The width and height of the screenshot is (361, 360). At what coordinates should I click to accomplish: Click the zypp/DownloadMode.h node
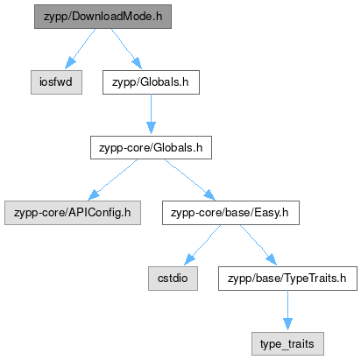pos(103,17)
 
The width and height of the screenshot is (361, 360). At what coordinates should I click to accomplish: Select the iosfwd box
pos(56,82)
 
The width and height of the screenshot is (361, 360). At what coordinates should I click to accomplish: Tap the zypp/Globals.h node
pos(151,82)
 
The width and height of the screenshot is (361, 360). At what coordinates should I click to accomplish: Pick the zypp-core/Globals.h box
pos(151,147)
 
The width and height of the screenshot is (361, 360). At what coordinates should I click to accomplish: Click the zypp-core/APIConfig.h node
pos(73,213)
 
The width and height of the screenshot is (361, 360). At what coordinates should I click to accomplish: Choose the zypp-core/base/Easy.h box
pos(230,213)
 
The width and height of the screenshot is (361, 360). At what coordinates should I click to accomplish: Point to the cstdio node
pos(173,279)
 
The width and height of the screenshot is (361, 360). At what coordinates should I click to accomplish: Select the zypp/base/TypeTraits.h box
pos(287,279)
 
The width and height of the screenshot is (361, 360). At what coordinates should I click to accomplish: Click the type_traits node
pos(287,343)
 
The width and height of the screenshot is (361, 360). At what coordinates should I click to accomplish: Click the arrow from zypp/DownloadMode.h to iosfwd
pos(80,49)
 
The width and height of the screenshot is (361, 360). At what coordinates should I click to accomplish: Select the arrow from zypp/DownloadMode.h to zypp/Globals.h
pos(126,49)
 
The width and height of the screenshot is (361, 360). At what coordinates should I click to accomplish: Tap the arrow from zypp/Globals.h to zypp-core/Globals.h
pos(151,114)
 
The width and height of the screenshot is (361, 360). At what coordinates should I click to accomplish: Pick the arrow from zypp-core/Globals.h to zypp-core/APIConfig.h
pos(112,180)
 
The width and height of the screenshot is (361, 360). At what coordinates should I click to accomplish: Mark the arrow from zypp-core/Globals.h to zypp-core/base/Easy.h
pos(190,180)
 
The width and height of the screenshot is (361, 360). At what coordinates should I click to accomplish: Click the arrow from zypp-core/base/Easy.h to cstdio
pos(202,245)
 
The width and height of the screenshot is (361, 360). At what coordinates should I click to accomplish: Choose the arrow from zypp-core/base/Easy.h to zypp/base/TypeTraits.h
pos(258,245)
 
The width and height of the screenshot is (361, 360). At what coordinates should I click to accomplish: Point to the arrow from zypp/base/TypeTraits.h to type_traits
pos(287,310)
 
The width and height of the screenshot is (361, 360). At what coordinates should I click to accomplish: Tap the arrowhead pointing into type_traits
pos(287,324)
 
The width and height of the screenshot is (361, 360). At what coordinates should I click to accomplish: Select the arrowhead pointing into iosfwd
pos(69,63)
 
